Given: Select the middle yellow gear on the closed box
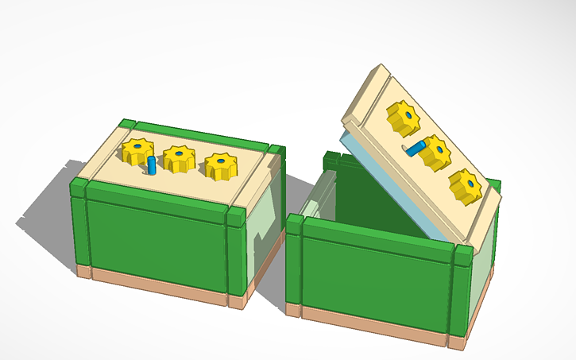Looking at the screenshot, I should (180, 157).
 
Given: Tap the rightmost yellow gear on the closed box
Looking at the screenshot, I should (222, 165).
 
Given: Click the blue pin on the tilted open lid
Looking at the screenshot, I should (416, 146).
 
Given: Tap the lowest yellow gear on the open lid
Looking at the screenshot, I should (465, 186).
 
